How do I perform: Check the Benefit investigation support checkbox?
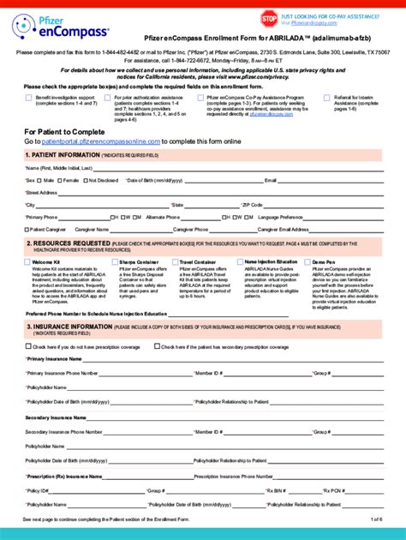tap(28, 98)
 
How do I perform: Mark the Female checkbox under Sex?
tap(58, 181)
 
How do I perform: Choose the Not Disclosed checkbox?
tap(84, 181)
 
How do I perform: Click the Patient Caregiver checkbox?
tap(27, 230)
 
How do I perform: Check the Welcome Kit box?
tap(27, 261)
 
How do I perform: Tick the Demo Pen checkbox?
tap(308, 261)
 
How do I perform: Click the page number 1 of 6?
tap(375, 519)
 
